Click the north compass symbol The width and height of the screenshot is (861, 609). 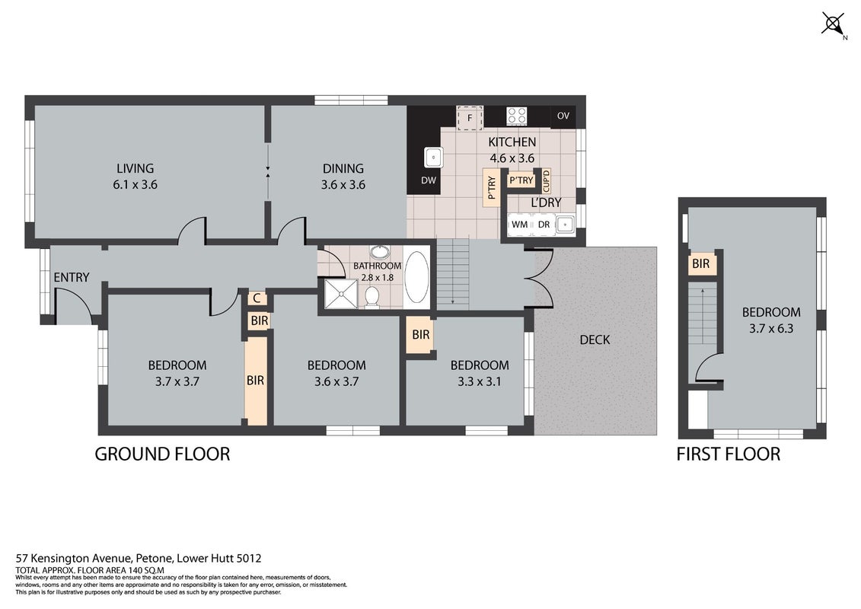pos(834,24)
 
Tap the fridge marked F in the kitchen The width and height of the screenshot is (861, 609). pos(470,118)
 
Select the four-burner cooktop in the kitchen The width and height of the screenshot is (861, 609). pos(517,116)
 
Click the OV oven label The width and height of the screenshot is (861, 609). pos(563,116)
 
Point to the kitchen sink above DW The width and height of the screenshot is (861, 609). pos(434,158)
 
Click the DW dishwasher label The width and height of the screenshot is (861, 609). pos(429,180)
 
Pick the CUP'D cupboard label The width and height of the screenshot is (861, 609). pos(546,180)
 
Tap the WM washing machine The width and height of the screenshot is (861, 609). pos(519,224)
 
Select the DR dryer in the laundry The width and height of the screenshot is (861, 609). pos(544,224)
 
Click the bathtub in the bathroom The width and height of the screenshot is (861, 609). pos(417,277)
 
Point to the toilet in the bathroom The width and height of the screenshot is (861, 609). pos(372,297)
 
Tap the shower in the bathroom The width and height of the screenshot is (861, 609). pos(341,294)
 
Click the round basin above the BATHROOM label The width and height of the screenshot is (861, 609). pos(378,253)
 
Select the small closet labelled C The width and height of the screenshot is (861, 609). pos(257,298)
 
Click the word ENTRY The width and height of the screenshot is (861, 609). pos(72,277)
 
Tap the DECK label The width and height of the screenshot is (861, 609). pos(595,340)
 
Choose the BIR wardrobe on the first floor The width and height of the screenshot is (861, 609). pos(700,263)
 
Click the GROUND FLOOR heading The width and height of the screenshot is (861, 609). pos(163,454)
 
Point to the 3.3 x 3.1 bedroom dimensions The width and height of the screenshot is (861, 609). pos(480,381)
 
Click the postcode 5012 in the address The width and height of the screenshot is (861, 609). pos(249,559)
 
